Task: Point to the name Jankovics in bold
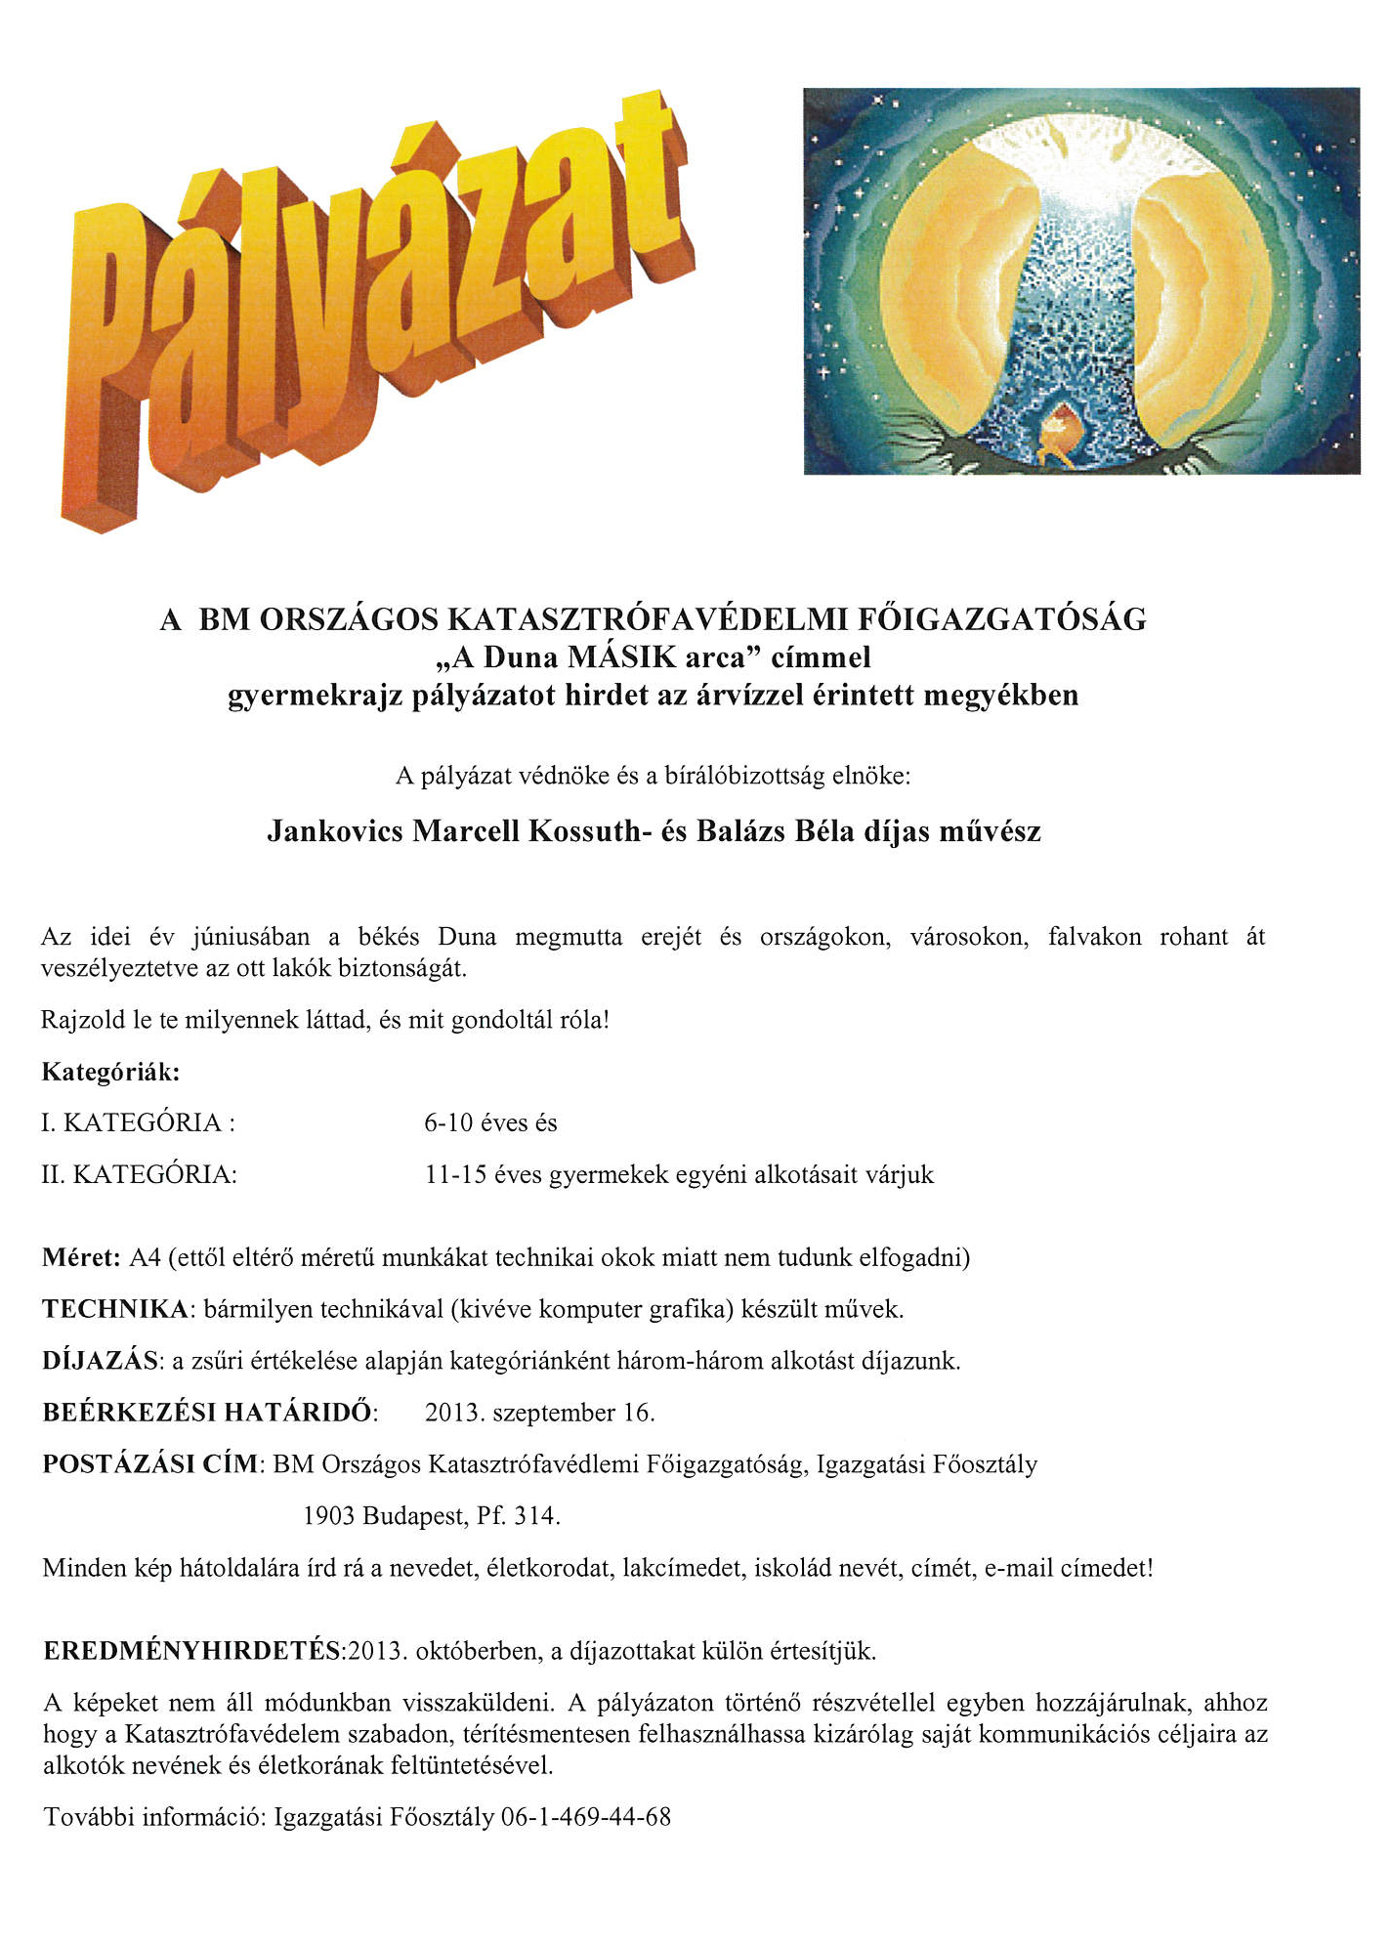334,831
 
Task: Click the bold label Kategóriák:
110,1072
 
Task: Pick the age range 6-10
448,1123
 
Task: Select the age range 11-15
455,1174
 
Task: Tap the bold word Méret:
81,1257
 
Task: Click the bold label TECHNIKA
115,1309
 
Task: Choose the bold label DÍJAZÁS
100,1361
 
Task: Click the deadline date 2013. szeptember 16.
539,1413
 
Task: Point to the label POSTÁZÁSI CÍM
150,1464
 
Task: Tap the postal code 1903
328,1516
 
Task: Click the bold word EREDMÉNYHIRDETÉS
191,1651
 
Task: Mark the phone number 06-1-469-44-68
585,1817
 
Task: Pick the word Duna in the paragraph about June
466,937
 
